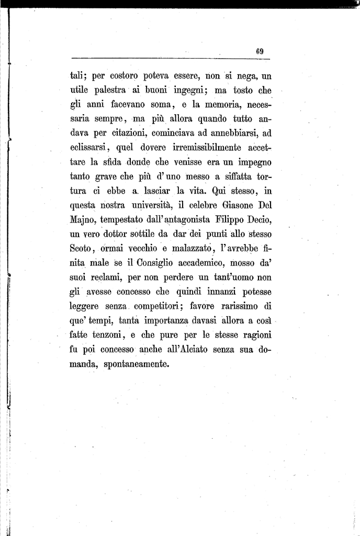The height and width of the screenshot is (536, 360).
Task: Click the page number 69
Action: pos(259,51)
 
